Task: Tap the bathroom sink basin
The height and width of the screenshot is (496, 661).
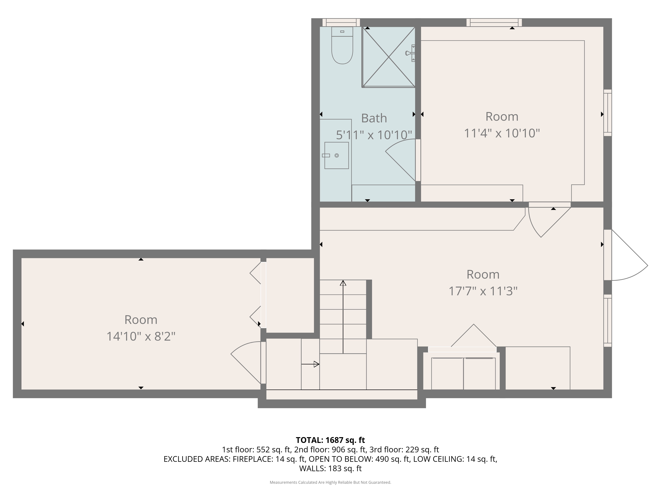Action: point(336,155)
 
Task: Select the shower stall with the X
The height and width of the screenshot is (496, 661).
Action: point(389,57)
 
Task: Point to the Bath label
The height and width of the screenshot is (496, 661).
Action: point(374,118)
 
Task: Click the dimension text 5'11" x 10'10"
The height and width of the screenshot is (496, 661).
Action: point(374,135)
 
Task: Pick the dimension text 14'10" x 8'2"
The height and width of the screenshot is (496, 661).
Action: point(141,337)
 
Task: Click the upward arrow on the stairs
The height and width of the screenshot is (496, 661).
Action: point(343,317)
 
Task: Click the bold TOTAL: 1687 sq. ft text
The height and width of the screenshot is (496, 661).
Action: point(330,440)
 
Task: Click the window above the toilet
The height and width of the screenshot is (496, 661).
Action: point(341,22)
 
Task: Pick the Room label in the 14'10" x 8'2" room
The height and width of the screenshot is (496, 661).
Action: point(141,320)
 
